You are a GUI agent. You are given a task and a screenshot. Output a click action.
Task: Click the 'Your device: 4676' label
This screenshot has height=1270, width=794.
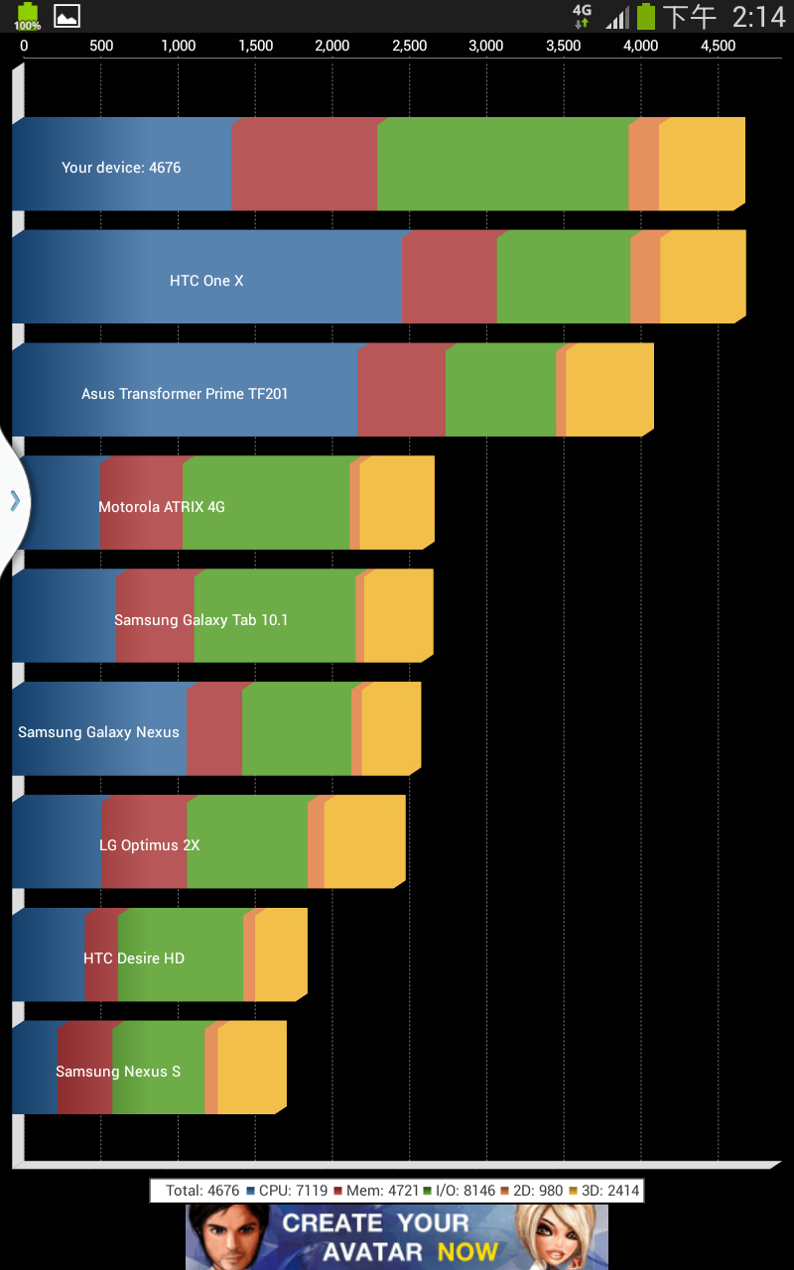pos(121,168)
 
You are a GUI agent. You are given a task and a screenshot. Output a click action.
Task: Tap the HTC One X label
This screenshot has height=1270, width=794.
pos(206,281)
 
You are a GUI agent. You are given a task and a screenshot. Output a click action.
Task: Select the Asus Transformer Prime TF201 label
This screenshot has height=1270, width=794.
pos(185,394)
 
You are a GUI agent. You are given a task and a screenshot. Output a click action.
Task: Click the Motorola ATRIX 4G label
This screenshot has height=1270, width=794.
pos(162,507)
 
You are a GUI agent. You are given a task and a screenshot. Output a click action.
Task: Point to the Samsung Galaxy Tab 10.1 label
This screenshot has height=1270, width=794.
pos(200,620)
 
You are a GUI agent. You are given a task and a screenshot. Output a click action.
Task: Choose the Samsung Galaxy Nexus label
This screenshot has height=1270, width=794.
pos(98,732)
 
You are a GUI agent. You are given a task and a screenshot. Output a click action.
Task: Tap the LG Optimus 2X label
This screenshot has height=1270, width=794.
pos(149,845)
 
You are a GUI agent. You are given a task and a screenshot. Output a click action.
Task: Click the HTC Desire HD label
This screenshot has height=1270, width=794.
pos(134,958)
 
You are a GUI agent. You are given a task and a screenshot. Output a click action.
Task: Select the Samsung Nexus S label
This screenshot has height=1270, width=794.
pos(118,1072)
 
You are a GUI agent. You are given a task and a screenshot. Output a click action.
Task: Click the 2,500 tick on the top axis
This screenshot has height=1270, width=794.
pos(409,46)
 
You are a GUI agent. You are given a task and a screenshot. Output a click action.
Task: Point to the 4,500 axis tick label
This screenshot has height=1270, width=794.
pos(718,46)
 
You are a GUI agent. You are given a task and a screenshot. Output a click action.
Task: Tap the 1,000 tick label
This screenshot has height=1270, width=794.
pos(178,46)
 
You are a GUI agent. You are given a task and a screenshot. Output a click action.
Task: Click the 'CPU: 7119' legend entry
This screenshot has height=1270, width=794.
pos(287,1191)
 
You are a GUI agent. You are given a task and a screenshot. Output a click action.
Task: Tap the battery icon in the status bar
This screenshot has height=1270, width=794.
pos(646,16)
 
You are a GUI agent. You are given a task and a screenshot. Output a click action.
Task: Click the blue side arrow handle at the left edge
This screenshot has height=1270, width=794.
pos(15,501)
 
